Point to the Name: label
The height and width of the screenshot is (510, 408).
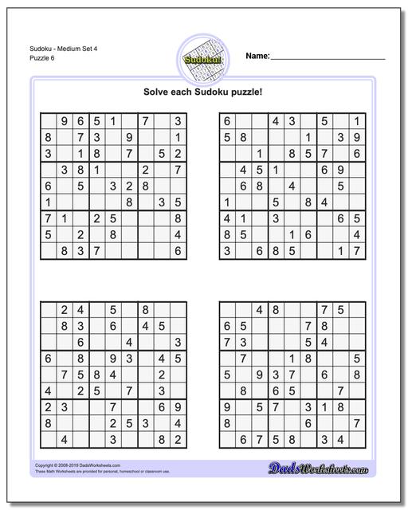tap(257, 56)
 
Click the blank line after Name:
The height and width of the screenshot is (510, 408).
tap(328, 57)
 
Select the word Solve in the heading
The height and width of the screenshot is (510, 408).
tap(155, 92)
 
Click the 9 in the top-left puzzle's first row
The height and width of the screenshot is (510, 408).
tap(65, 121)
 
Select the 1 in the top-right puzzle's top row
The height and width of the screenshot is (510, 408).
tap(358, 121)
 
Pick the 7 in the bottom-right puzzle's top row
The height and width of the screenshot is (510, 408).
tap(324, 310)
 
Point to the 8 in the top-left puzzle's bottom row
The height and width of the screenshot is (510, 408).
tap(65, 250)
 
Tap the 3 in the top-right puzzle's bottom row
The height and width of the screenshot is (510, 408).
tap(227, 250)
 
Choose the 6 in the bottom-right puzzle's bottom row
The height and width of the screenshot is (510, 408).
tap(243, 438)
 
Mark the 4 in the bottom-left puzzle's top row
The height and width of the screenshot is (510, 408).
tap(81, 310)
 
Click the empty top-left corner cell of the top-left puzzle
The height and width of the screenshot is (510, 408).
tap(49, 121)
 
